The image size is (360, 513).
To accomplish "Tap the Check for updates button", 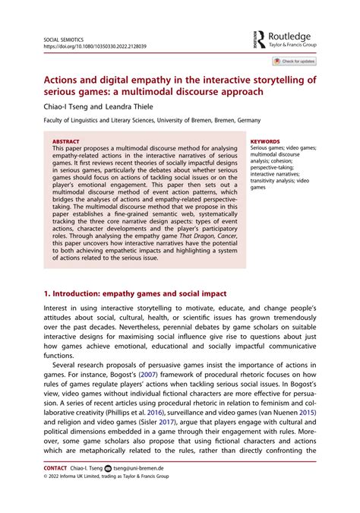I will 294,61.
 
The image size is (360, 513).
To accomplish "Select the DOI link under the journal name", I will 94,46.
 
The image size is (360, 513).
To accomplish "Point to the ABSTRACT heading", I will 65,141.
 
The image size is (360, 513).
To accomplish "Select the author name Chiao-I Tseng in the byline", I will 66,106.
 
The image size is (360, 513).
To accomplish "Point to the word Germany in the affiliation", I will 244,120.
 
